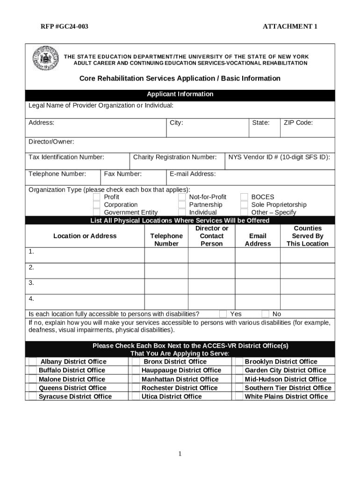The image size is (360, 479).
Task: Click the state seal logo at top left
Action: (45, 59)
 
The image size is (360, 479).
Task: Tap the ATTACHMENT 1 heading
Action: (290, 27)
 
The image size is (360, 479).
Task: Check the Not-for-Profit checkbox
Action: (182, 197)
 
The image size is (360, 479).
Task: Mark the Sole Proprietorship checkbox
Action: (244, 205)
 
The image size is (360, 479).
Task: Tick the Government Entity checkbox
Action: (96, 212)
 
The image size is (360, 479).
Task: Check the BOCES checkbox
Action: (244, 197)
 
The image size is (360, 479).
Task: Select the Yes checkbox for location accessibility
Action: (223, 314)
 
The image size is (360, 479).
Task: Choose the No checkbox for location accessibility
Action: (265, 314)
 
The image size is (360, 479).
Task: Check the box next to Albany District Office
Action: (33, 362)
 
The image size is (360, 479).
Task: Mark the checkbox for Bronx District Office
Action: (136, 362)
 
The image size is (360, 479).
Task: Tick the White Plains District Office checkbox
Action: (238, 397)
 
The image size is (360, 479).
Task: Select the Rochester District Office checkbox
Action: (136, 388)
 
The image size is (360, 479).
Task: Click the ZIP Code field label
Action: (298, 123)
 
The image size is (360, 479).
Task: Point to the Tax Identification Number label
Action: (66, 157)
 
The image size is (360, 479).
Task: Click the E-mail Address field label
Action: (193, 174)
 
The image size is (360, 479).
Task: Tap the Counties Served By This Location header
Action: (307, 236)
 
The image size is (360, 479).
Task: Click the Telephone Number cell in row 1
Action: (166, 255)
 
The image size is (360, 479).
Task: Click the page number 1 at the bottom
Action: (180, 454)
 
